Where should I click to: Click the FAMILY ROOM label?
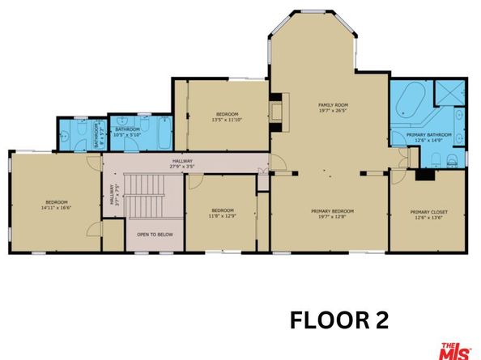(331, 105)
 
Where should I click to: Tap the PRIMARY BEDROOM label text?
(332, 211)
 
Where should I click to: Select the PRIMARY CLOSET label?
(428, 212)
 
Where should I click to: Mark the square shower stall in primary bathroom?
(447, 95)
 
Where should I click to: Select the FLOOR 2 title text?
(339, 320)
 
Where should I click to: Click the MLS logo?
(456, 349)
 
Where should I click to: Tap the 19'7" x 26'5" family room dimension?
(331, 112)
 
